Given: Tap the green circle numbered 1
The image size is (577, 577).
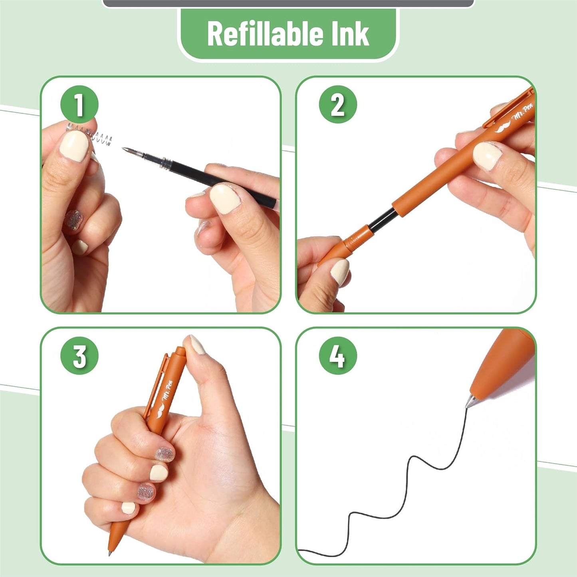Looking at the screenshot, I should (79, 105).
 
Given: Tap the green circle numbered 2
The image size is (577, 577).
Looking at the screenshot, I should (337, 105).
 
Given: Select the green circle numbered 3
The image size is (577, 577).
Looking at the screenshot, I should (79, 355).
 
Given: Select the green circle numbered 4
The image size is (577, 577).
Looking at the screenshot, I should (337, 355).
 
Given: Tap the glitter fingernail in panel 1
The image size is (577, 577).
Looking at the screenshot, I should (73, 220).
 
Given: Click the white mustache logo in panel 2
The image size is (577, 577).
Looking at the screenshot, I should (503, 127).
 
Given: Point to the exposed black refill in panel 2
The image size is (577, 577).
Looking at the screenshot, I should (383, 220).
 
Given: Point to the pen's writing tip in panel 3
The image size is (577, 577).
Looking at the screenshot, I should (110, 553).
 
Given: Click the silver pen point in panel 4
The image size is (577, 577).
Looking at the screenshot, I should (470, 401).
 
